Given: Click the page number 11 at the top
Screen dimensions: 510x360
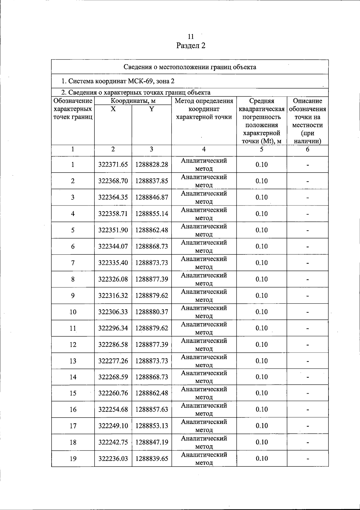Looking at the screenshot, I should tap(191, 37).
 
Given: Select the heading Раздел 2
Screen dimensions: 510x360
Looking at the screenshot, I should tap(191, 46).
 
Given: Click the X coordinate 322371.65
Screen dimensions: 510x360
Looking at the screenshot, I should tap(113, 164).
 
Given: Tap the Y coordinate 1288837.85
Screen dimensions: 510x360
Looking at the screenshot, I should tap(151, 181).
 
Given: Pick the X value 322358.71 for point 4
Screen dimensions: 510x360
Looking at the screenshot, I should tap(113, 214).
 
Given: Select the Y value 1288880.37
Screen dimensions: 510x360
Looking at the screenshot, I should tap(151, 312).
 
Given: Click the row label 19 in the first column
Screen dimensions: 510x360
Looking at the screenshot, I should tap(73, 458).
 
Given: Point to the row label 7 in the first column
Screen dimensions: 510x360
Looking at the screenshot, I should tap(73, 263).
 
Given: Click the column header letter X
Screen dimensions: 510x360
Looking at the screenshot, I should tap(113, 109).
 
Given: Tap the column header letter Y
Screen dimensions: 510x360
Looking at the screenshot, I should tap(151, 109).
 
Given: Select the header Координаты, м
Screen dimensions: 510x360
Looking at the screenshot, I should tap(133, 101).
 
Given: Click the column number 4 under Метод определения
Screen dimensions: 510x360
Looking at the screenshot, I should tap(204, 149).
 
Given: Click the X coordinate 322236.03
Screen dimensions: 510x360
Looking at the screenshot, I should tap(113, 458).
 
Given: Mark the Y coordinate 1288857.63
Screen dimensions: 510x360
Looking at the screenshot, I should tap(151, 409).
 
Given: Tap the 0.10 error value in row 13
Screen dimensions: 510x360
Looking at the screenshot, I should tap(262, 361).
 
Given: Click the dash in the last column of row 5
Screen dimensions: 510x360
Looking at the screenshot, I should tap(307, 231).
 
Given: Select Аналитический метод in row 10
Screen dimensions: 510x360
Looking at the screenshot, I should tap(204, 312).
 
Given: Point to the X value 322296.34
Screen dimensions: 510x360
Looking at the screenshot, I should tap(113, 328).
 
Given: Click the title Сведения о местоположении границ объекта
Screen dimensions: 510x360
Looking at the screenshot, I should tap(190, 67).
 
